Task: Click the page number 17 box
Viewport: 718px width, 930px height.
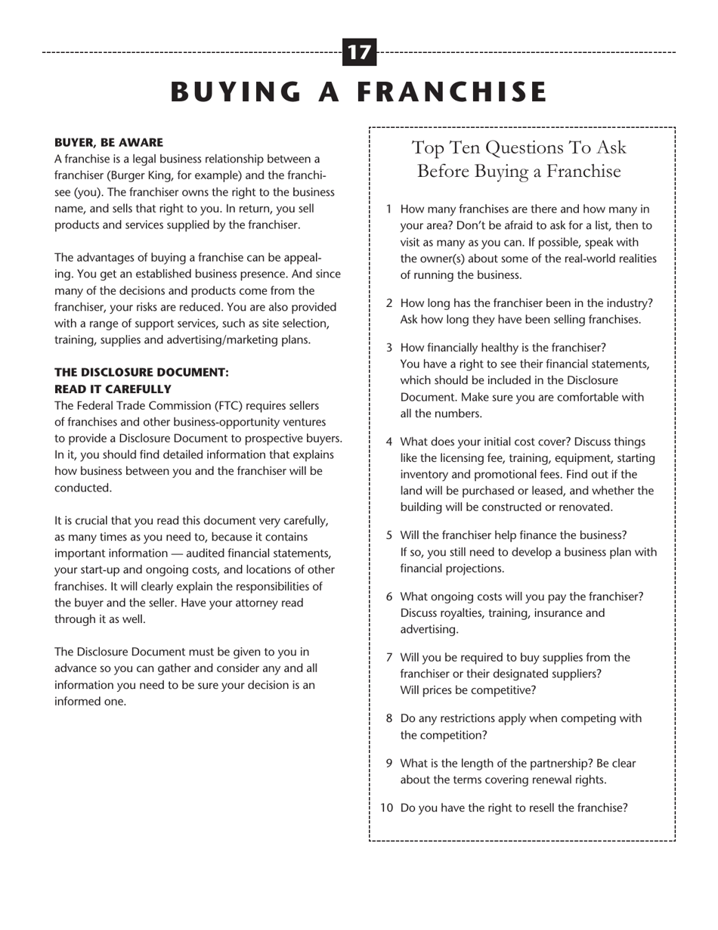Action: pyautogui.click(x=359, y=52)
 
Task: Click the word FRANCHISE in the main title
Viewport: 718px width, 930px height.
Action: pyautogui.click(x=451, y=91)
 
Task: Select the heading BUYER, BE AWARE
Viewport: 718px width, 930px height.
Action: pyautogui.click(x=108, y=142)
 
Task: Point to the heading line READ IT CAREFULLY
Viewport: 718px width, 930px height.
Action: pyautogui.click(x=113, y=389)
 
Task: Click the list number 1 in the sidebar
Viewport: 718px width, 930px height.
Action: pyautogui.click(x=388, y=209)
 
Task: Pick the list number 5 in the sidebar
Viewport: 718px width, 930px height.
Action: pyautogui.click(x=388, y=535)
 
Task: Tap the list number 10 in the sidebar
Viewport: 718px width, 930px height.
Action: pyautogui.click(x=386, y=808)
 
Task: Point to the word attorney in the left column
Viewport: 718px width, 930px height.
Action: pyautogui.click(x=255, y=603)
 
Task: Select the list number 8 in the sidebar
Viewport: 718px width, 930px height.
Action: pyautogui.click(x=388, y=718)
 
